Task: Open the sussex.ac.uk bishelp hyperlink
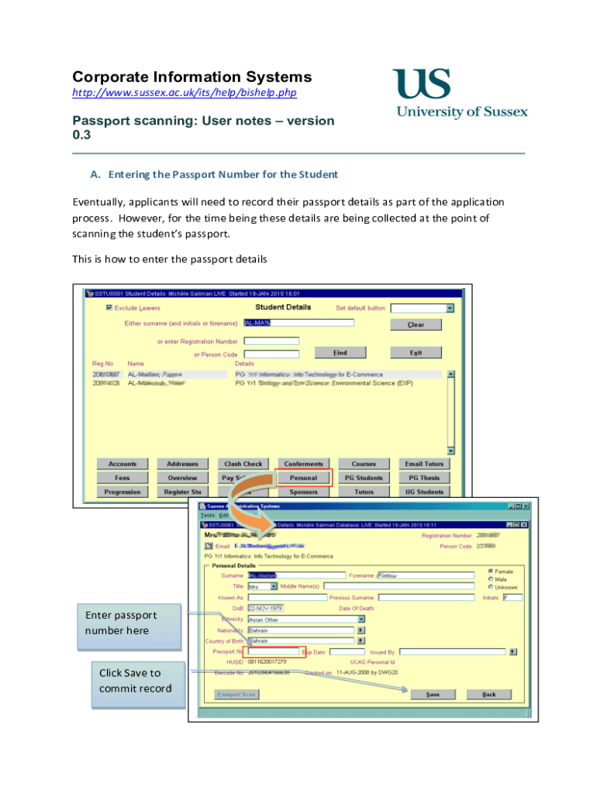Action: click(x=185, y=93)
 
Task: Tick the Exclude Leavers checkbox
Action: click(x=109, y=307)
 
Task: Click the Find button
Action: click(x=340, y=352)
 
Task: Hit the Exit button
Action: click(x=416, y=352)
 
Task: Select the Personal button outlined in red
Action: click(x=303, y=478)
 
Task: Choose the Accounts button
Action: click(x=123, y=464)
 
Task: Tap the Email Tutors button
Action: click(x=424, y=464)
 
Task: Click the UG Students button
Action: click(x=424, y=492)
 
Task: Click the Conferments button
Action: click(x=303, y=464)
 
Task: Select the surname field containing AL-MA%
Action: click(x=298, y=323)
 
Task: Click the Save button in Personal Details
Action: click(x=433, y=695)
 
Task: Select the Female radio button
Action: click(x=491, y=572)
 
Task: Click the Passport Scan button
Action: click(x=236, y=695)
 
